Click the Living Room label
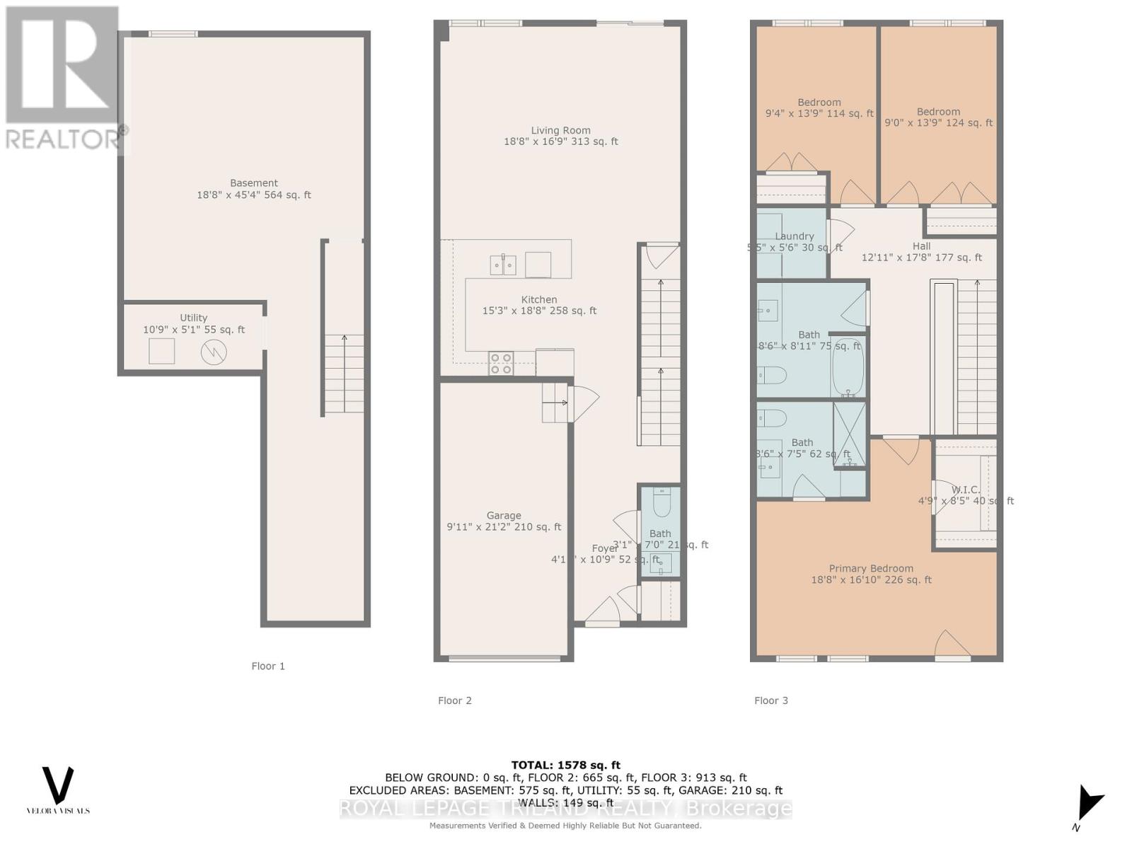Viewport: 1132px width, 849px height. tap(560, 131)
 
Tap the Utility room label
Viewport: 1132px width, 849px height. tap(193, 318)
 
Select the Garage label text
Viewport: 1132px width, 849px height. tap(503, 516)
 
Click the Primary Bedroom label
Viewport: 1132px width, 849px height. tap(871, 568)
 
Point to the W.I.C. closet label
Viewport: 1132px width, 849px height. tap(965, 490)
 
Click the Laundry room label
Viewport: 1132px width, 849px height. tap(794, 236)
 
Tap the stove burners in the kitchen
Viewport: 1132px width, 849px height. tap(502, 364)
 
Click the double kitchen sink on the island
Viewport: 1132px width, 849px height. tap(503, 265)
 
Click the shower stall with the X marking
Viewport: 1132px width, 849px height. tap(849, 434)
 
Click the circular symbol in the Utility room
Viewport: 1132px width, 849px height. tap(214, 352)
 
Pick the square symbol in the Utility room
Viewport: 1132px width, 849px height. tap(161, 351)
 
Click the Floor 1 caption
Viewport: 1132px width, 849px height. tap(268, 666)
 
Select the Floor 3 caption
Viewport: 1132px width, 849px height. tap(770, 700)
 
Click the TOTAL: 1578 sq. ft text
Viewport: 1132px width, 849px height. tap(565, 765)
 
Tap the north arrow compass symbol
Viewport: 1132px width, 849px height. tap(1088, 804)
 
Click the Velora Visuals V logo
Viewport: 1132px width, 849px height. tap(58, 785)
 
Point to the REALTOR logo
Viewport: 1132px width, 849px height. tap(64, 78)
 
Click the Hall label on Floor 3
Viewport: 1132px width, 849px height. tap(921, 246)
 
